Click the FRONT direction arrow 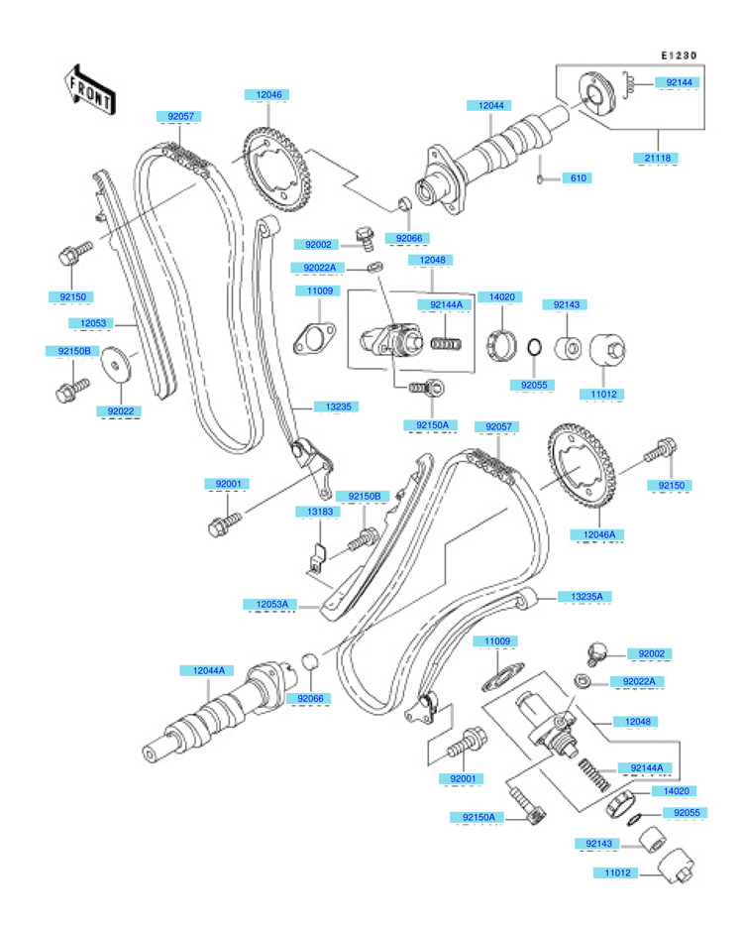89,90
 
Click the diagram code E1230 679,56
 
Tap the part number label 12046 268,94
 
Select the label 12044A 208,670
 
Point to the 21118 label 658,158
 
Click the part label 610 579,177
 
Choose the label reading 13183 320,512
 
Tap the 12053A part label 272,604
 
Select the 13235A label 586,597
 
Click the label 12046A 599,534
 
